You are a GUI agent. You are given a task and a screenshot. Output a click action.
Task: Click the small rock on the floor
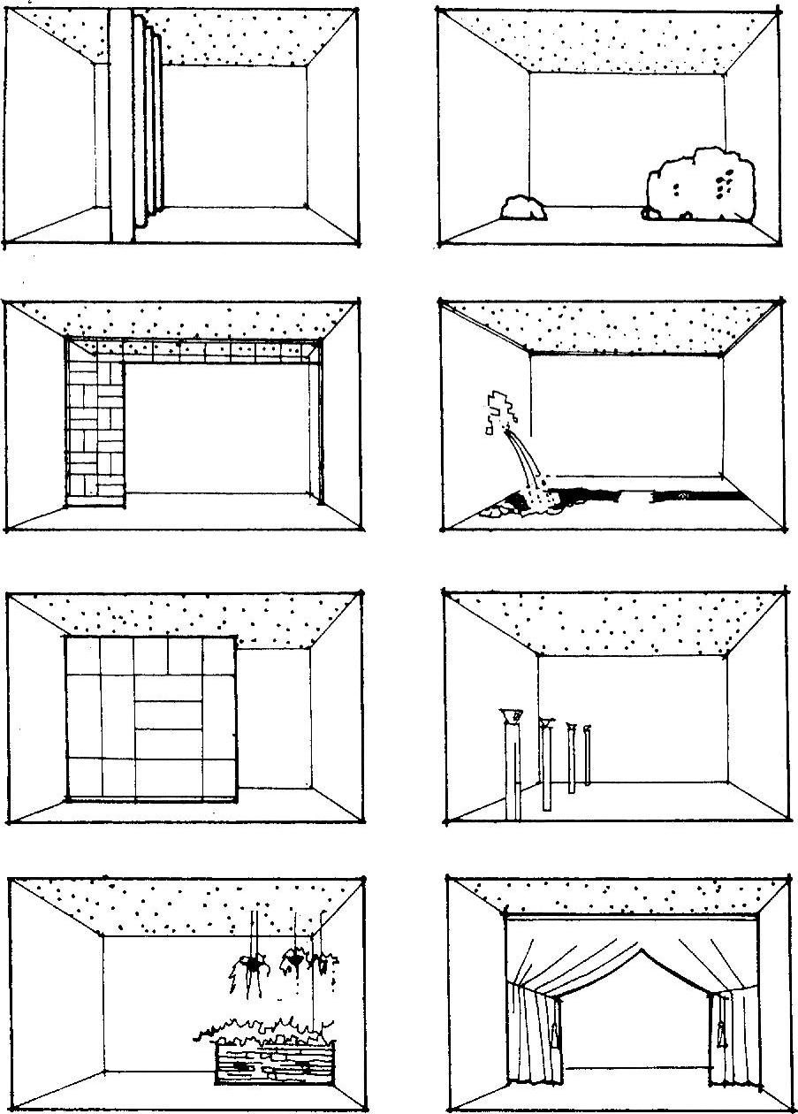[523, 208]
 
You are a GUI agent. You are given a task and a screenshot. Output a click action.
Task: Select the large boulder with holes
[701, 187]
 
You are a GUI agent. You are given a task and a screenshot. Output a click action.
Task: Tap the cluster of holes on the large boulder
[725, 184]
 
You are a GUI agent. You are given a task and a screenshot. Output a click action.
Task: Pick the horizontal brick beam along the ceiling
[221, 351]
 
